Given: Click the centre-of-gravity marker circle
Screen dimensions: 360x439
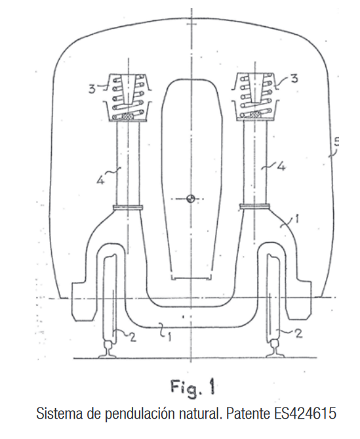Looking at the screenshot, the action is click(x=190, y=199).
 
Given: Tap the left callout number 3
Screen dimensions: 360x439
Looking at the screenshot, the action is click(x=92, y=89).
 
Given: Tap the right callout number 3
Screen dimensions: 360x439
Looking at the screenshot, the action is click(x=294, y=79).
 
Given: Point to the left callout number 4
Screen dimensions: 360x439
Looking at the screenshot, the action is click(x=100, y=180).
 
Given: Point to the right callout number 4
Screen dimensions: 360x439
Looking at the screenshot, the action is click(x=281, y=167).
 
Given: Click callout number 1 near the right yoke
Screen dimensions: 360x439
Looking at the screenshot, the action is click(x=296, y=219).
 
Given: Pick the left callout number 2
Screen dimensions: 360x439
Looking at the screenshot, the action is click(x=132, y=337).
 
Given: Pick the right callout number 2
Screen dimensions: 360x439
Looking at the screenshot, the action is click(x=299, y=333).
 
